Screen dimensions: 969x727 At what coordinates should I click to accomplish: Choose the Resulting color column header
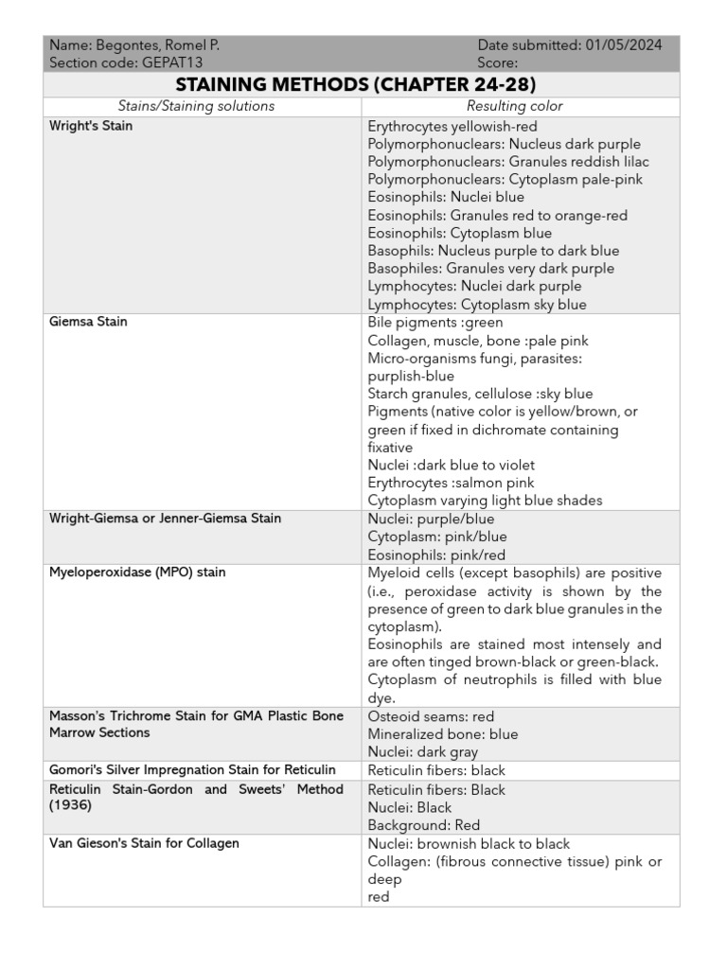(x=515, y=106)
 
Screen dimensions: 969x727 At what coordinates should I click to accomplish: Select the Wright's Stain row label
(x=91, y=126)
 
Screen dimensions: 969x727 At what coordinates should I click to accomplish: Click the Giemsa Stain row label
(x=88, y=322)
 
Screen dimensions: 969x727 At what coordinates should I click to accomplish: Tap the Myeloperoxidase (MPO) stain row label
(x=137, y=573)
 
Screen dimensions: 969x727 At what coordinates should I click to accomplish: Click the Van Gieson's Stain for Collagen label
(x=144, y=843)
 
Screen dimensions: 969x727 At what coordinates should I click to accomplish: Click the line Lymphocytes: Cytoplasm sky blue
(x=476, y=305)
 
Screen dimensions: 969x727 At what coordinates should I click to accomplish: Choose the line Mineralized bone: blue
(x=442, y=734)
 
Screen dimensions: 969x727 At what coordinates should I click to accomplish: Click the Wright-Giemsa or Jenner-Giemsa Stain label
(x=165, y=519)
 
